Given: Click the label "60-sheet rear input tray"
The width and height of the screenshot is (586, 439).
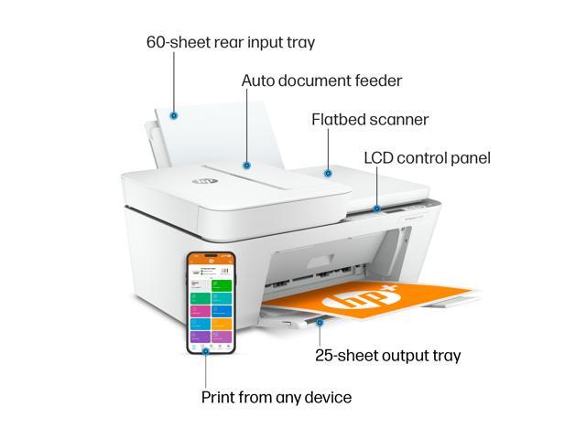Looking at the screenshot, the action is coord(230,42).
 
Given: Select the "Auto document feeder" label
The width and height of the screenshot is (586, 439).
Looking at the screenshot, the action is coord(321,80).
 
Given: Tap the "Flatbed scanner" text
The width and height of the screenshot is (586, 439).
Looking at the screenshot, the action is coord(370,120).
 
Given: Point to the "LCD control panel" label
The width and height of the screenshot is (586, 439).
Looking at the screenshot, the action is coord(427,158).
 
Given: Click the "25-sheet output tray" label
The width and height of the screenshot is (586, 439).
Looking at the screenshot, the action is coord(387,356).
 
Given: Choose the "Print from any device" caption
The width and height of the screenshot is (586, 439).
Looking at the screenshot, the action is coord(276,397).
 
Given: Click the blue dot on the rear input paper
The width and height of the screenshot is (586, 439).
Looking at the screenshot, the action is coord(174,115).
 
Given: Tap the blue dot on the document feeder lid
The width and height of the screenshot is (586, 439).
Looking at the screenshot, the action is coord(246,166).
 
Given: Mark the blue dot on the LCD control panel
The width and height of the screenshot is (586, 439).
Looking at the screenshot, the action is coord(376,209).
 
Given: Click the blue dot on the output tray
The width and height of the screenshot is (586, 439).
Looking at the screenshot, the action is coord(320,321).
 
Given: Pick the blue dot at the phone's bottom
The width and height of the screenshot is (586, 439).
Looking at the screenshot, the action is coord(205,349).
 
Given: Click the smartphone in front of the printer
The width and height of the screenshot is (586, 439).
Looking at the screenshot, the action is coord(211,302).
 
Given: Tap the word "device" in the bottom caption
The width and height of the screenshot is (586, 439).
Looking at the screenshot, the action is coord(326,397).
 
